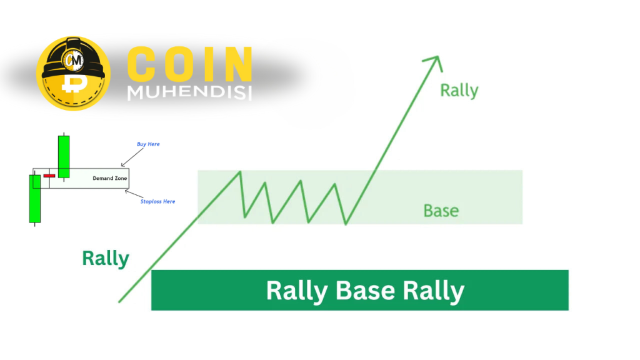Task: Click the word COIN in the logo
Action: click(189, 64)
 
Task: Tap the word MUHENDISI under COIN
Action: click(189, 92)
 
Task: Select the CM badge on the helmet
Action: click(74, 61)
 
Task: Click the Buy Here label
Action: click(148, 144)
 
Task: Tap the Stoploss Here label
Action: click(157, 202)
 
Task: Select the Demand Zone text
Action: click(110, 178)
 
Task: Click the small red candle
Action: click(49, 176)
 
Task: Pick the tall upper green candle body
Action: click(64, 157)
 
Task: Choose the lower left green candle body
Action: click(35, 199)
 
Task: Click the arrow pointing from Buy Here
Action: click(132, 157)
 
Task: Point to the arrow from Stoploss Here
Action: click(134, 194)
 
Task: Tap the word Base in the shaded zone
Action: click(441, 211)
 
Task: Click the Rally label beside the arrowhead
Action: click(459, 91)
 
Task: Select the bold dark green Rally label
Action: click(106, 259)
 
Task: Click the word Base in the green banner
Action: click(365, 291)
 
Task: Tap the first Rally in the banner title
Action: click(297, 291)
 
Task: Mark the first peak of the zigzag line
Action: click(240, 172)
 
